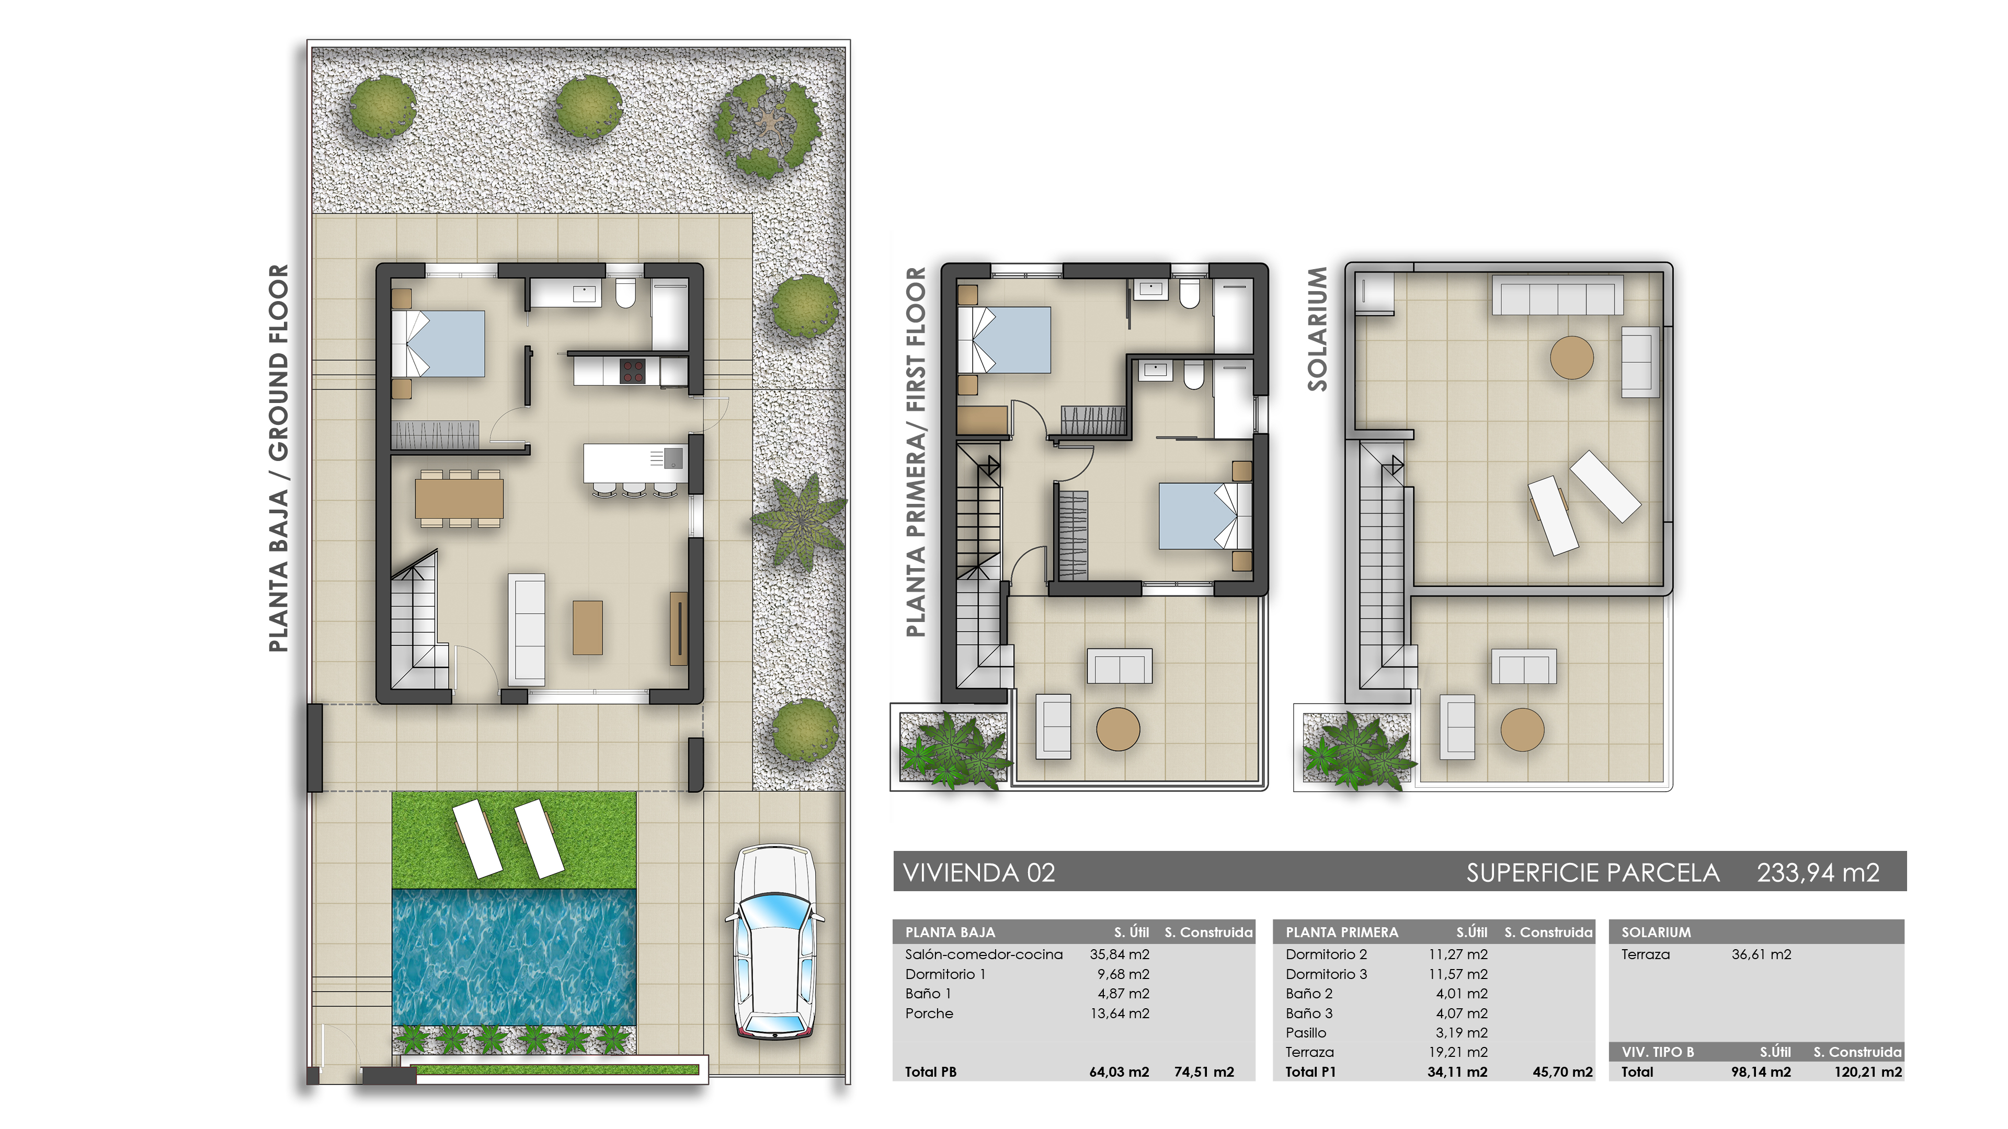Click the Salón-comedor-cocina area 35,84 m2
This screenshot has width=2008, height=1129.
(x=1120, y=954)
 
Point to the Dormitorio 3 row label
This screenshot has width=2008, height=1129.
(x=1326, y=974)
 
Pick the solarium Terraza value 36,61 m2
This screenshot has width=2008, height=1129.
(x=1761, y=954)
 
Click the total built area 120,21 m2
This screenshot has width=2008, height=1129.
(x=1868, y=1072)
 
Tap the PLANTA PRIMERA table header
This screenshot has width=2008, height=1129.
(x=1341, y=932)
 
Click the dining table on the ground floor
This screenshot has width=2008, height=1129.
(x=459, y=498)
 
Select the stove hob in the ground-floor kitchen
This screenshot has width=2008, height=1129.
(x=632, y=371)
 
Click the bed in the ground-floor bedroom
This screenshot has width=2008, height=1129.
(x=440, y=343)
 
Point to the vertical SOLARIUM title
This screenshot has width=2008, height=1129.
(x=1317, y=328)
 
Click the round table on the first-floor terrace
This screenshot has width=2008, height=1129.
(x=1118, y=729)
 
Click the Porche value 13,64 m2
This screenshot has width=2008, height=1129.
(x=1120, y=1013)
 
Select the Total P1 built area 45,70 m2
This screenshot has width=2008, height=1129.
(x=1562, y=1072)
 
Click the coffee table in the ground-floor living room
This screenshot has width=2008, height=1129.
(x=588, y=627)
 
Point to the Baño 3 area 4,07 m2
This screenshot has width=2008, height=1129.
(x=1462, y=1013)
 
